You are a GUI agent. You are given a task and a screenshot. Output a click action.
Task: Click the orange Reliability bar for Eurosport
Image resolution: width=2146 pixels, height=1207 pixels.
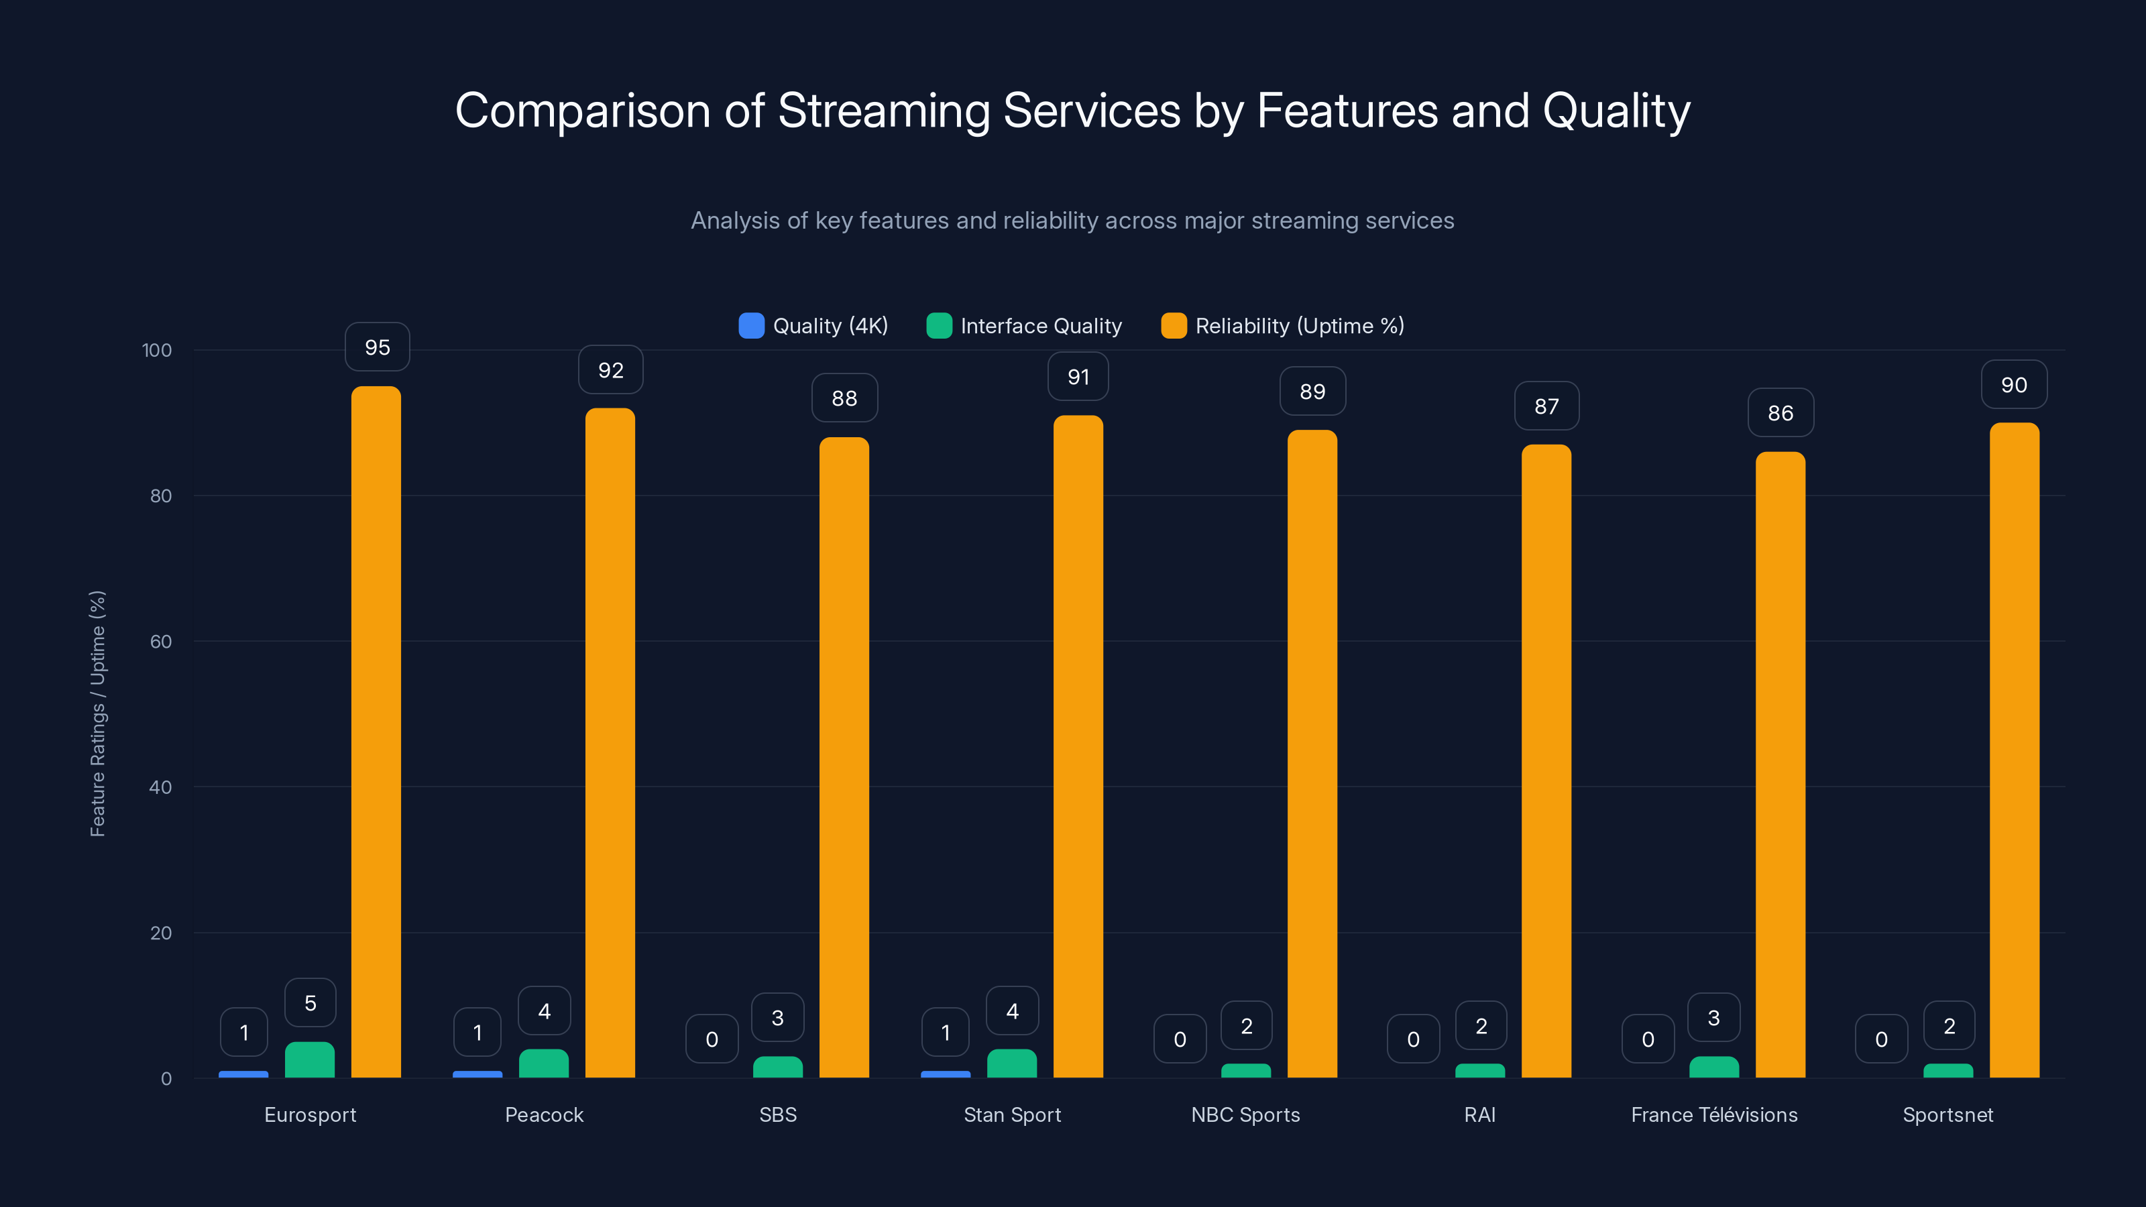376,733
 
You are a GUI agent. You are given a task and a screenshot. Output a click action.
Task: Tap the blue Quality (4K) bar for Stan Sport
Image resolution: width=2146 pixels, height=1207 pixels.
946,1074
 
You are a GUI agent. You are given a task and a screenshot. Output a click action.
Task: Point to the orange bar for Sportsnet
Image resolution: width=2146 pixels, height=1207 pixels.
2015,750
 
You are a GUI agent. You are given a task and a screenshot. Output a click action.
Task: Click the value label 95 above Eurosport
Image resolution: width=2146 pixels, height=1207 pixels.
378,347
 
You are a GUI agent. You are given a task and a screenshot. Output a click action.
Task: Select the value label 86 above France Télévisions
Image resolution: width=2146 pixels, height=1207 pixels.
1781,413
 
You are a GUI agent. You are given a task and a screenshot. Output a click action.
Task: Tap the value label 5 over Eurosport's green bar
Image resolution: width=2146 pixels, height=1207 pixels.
310,1003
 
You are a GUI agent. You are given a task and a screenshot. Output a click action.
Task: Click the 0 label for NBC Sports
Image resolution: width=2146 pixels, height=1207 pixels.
1180,1039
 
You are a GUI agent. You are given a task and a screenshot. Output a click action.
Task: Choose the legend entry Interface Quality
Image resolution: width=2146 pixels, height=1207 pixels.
1041,326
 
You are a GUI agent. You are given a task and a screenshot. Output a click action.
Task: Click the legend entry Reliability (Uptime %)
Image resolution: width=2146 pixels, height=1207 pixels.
1299,326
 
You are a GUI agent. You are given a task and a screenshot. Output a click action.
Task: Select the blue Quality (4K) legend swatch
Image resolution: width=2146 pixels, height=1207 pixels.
751,326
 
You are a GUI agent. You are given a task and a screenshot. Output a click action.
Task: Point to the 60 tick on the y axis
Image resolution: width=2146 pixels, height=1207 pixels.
161,642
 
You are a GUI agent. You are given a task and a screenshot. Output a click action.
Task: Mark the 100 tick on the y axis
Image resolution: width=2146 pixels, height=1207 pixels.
157,350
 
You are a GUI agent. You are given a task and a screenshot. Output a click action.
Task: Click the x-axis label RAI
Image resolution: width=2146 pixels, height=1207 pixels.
1479,1114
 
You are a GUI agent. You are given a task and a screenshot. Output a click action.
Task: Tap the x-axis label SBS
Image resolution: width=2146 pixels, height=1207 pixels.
777,1114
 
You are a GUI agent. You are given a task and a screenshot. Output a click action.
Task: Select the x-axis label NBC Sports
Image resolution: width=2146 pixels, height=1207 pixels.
1245,1114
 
